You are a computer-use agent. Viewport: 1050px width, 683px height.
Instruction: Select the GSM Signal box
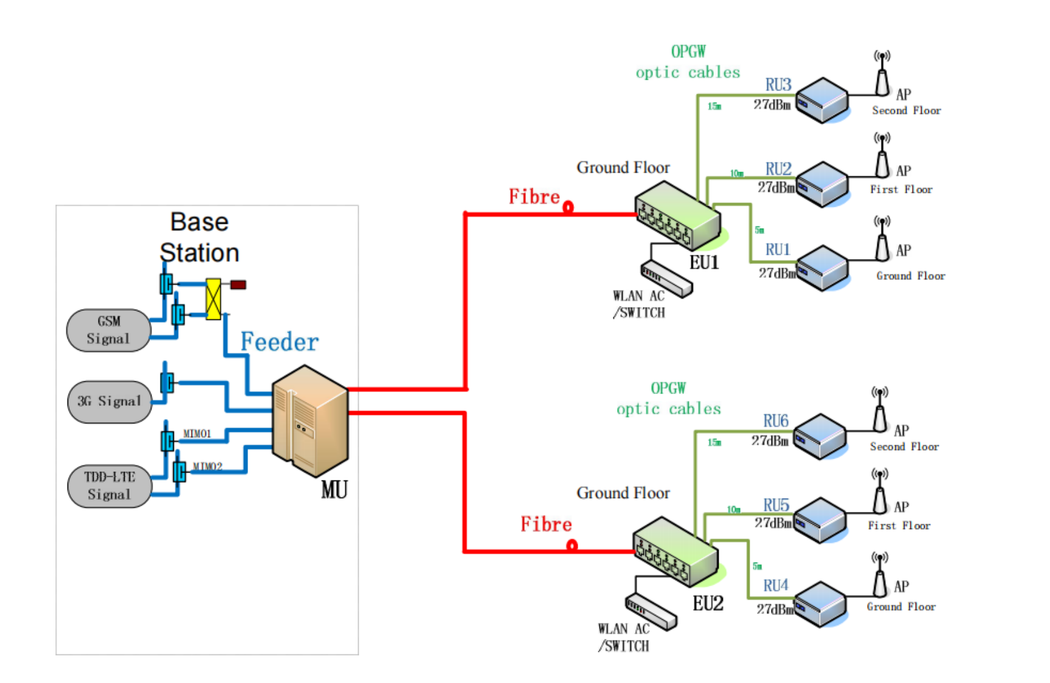[x=108, y=330]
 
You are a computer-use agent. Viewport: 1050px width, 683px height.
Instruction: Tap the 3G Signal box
[x=109, y=401]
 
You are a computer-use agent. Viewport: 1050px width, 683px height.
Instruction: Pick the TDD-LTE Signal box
[x=109, y=485]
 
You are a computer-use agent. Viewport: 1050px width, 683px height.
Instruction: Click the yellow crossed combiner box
[x=213, y=299]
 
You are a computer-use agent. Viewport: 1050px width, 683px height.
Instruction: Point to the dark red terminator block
[x=238, y=285]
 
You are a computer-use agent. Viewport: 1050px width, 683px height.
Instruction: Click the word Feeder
[x=279, y=342]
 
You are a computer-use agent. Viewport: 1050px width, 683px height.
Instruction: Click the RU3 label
[x=778, y=85]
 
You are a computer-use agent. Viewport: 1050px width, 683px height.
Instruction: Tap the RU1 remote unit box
[x=822, y=268]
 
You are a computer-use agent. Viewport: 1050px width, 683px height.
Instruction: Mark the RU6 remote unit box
[x=820, y=435]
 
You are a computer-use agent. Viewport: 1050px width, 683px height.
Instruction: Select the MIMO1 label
[x=197, y=434]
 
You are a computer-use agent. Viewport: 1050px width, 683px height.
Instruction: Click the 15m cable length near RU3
[x=714, y=106]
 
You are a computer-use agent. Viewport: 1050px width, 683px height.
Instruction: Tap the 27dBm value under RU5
[x=773, y=523]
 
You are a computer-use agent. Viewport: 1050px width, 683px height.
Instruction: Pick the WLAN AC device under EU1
[x=666, y=279]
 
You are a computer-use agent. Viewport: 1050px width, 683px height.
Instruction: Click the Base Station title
[x=199, y=237]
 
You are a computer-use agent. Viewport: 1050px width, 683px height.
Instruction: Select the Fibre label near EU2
[x=546, y=524]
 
